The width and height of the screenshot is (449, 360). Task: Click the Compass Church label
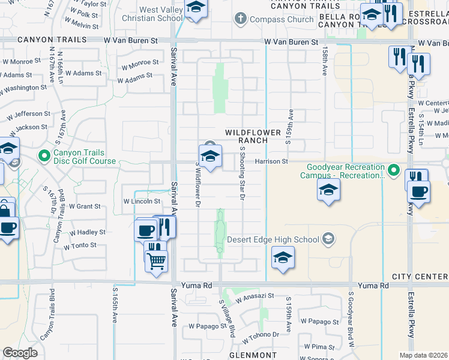pos(282,19)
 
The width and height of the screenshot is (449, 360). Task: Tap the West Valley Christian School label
pos(161,14)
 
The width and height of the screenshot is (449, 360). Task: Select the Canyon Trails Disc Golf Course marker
pos(44,157)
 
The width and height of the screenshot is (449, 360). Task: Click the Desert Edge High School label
pos(273,240)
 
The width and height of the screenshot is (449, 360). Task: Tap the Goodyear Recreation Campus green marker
pos(393,170)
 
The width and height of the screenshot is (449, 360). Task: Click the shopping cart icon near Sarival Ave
pos(156,260)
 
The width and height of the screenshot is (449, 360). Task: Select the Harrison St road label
pos(271,161)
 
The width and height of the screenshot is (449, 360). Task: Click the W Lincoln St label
pos(142,202)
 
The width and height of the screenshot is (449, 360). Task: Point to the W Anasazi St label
pos(255,296)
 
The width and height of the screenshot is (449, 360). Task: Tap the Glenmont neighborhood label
pos(252,355)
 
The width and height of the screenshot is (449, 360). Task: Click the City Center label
pos(420,277)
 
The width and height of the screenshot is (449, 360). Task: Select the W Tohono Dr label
pos(260,334)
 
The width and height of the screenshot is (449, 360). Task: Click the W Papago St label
pos(205,326)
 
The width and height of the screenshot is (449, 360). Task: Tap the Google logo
pos(20,353)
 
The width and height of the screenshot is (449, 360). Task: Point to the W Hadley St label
pos(87,232)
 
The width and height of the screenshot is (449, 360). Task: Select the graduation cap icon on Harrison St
pos(209,157)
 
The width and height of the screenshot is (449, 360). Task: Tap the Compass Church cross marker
pos(241,19)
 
